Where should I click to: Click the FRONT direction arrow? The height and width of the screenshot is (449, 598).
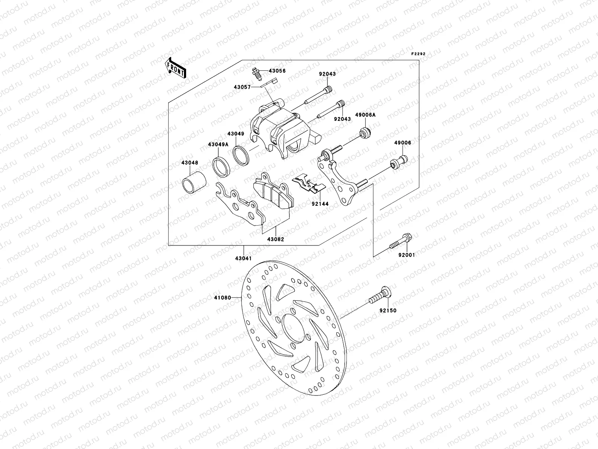[x=176, y=67]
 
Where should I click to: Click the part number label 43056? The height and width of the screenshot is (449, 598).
[x=278, y=71]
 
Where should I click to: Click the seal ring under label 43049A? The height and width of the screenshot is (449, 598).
[x=221, y=166]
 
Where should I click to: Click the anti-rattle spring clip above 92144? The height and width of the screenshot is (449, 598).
[x=306, y=184]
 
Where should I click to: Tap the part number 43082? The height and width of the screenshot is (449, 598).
[x=275, y=239]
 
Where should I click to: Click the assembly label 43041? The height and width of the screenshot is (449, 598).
[x=243, y=258]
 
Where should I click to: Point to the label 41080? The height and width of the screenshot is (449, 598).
[x=221, y=298]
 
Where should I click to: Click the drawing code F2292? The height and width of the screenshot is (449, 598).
[x=418, y=54]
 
